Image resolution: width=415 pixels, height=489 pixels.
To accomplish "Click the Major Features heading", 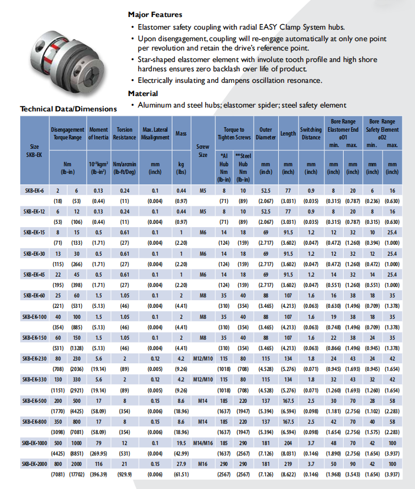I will click(155, 15).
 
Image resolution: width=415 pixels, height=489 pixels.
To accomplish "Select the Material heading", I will click(143, 93).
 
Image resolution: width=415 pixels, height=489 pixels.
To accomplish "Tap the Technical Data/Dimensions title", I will click(69, 109).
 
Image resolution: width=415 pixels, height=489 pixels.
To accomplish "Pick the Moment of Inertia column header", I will click(99, 133).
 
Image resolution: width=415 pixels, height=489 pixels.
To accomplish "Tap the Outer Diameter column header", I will click(265, 133).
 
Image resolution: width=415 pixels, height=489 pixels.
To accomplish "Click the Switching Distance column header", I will click(311, 133).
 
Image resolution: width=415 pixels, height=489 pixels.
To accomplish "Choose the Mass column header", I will click(181, 133).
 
